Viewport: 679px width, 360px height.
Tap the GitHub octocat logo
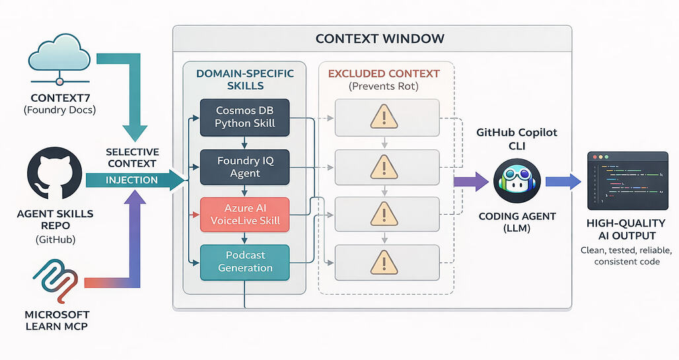[55, 176]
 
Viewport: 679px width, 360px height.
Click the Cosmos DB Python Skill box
[245, 118]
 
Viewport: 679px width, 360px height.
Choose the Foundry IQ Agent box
[245, 166]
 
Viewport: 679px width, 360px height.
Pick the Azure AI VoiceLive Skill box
[245, 214]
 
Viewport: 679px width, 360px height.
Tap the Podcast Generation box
[245, 262]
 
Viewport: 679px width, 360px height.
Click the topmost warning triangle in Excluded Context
[383, 118]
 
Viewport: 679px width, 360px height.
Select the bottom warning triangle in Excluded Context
[383, 262]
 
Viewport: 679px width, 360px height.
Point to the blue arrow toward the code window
[561, 181]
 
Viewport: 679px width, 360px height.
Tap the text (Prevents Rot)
[383, 85]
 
